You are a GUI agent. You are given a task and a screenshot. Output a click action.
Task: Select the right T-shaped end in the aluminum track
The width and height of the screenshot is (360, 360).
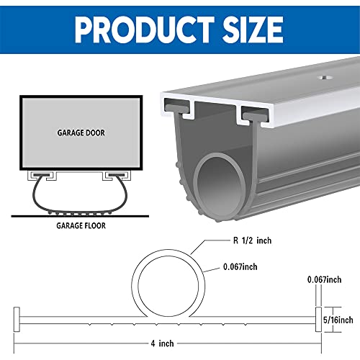coord(255,113)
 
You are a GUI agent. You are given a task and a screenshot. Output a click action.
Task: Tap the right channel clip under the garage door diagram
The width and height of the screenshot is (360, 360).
coord(115,175)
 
